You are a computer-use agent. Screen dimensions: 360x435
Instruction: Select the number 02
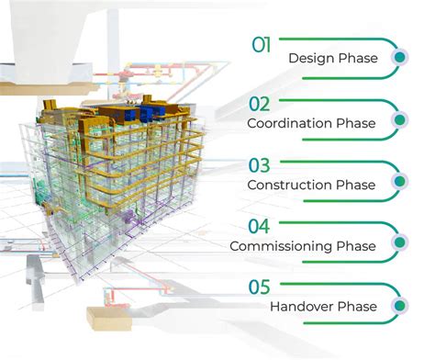click(261, 105)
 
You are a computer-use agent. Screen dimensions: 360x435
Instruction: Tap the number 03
click(261, 166)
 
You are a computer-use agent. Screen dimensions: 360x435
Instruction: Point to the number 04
click(261, 227)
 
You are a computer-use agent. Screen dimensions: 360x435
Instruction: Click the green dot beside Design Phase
click(398, 58)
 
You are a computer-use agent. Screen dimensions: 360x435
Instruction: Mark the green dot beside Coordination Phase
click(398, 120)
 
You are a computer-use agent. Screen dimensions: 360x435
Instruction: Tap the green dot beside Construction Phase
click(398, 182)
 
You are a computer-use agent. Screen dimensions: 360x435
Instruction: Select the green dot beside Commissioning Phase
click(398, 243)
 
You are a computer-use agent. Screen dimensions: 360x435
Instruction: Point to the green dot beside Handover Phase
click(398, 304)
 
